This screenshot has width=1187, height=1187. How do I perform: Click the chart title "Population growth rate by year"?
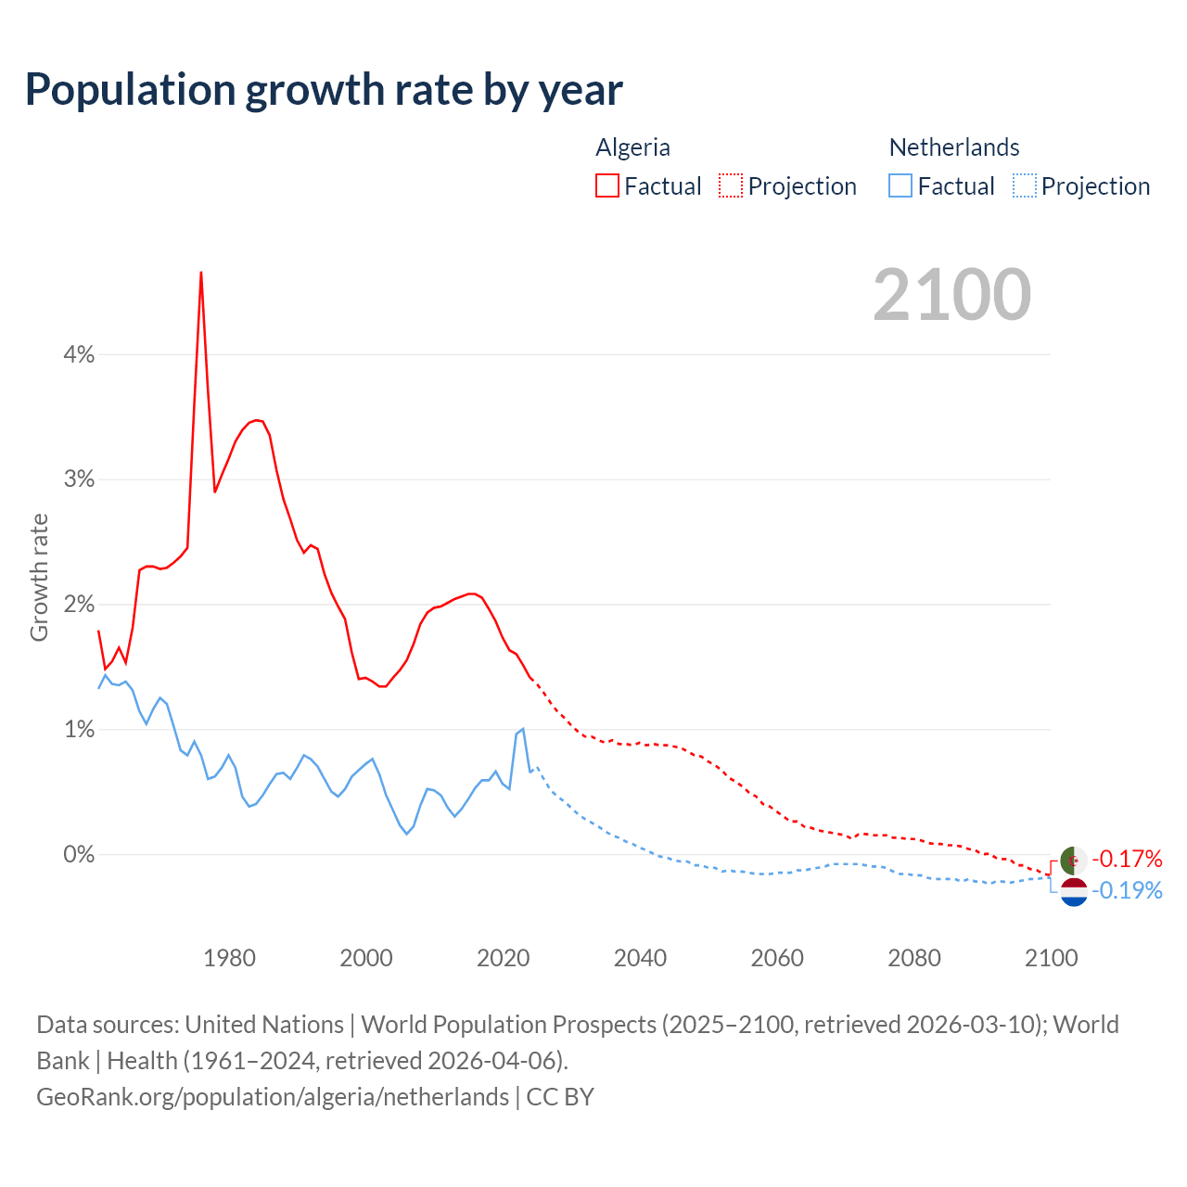click(x=324, y=90)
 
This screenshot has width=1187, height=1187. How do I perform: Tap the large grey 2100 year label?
click(x=951, y=295)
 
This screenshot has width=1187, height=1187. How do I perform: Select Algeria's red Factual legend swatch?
click(x=607, y=185)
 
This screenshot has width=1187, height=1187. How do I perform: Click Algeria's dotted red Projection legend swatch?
click(x=731, y=185)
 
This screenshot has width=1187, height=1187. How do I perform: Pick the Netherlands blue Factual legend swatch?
click(x=900, y=185)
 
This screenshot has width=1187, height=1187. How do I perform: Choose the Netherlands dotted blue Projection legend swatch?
click(x=1024, y=185)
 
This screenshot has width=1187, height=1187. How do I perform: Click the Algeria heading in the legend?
click(x=632, y=147)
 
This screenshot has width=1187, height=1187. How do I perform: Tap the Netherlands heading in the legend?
click(x=954, y=147)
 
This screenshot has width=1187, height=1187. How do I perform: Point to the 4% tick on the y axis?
click(x=79, y=354)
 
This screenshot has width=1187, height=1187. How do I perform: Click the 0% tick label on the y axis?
click(x=79, y=854)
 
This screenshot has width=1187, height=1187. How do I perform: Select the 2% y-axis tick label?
click(x=79, y=605)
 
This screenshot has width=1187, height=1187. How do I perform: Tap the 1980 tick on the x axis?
click(x=229, y=958)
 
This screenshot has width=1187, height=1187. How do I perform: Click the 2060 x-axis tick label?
click(x=777, y=958)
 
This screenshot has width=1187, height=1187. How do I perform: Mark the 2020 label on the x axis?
click(x=503, y=958)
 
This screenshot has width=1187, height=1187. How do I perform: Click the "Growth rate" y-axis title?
click(x=39, y=577)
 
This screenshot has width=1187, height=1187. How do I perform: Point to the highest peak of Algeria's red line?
click(x=201, y=273)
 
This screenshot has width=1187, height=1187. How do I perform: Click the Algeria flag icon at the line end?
click(x=1073, y=860)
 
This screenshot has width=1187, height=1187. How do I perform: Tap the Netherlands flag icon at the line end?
click(x=1073, y=892)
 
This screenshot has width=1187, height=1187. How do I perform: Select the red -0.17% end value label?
click(x=1127, y=859)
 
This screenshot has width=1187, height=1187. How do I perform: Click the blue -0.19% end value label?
click(x=1127, y=891)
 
